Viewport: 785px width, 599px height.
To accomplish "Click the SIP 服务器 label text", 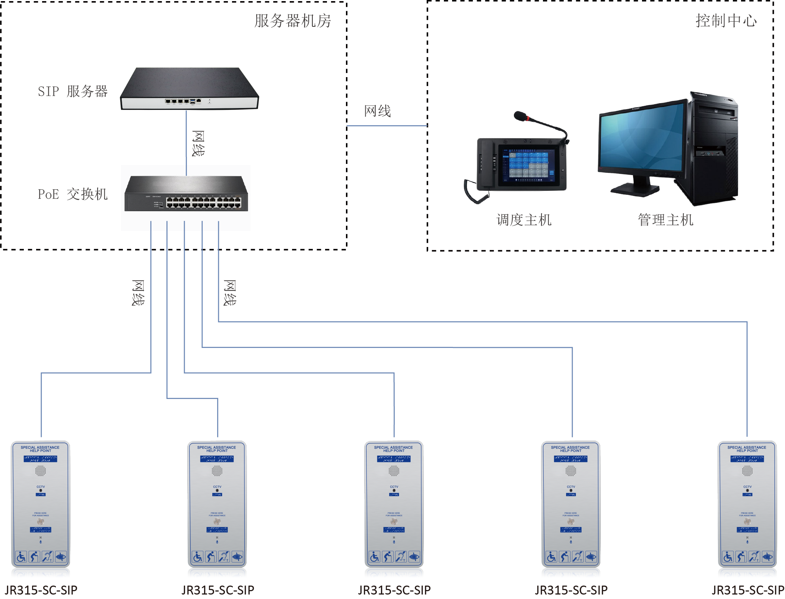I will (x=73, y=91).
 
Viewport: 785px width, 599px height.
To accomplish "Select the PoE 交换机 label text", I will (x=73, y=194).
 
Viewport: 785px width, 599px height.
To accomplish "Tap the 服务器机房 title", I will (x=293, y=21).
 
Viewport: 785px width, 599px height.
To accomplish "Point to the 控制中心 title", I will (x=726, y=21).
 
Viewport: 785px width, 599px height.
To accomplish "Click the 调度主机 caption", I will (x=524, y=220).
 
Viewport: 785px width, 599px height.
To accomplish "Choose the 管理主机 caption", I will (x=665, y=220).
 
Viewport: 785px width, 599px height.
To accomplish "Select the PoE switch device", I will (x=186, y=194).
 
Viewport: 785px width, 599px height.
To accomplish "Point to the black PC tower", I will (x=713, y=149).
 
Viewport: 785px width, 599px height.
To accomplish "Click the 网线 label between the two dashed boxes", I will (x=377, y=111).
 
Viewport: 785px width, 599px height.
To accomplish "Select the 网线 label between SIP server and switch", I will (x=198, y=143).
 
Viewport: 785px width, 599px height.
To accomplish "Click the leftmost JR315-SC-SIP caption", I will (x=41, y=590).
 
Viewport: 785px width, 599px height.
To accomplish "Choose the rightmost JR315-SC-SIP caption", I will (x=748, y=590).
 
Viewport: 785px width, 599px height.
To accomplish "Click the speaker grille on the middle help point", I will (x=394, y=471).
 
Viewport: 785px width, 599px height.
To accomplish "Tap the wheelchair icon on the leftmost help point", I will (x=21, y=557).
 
